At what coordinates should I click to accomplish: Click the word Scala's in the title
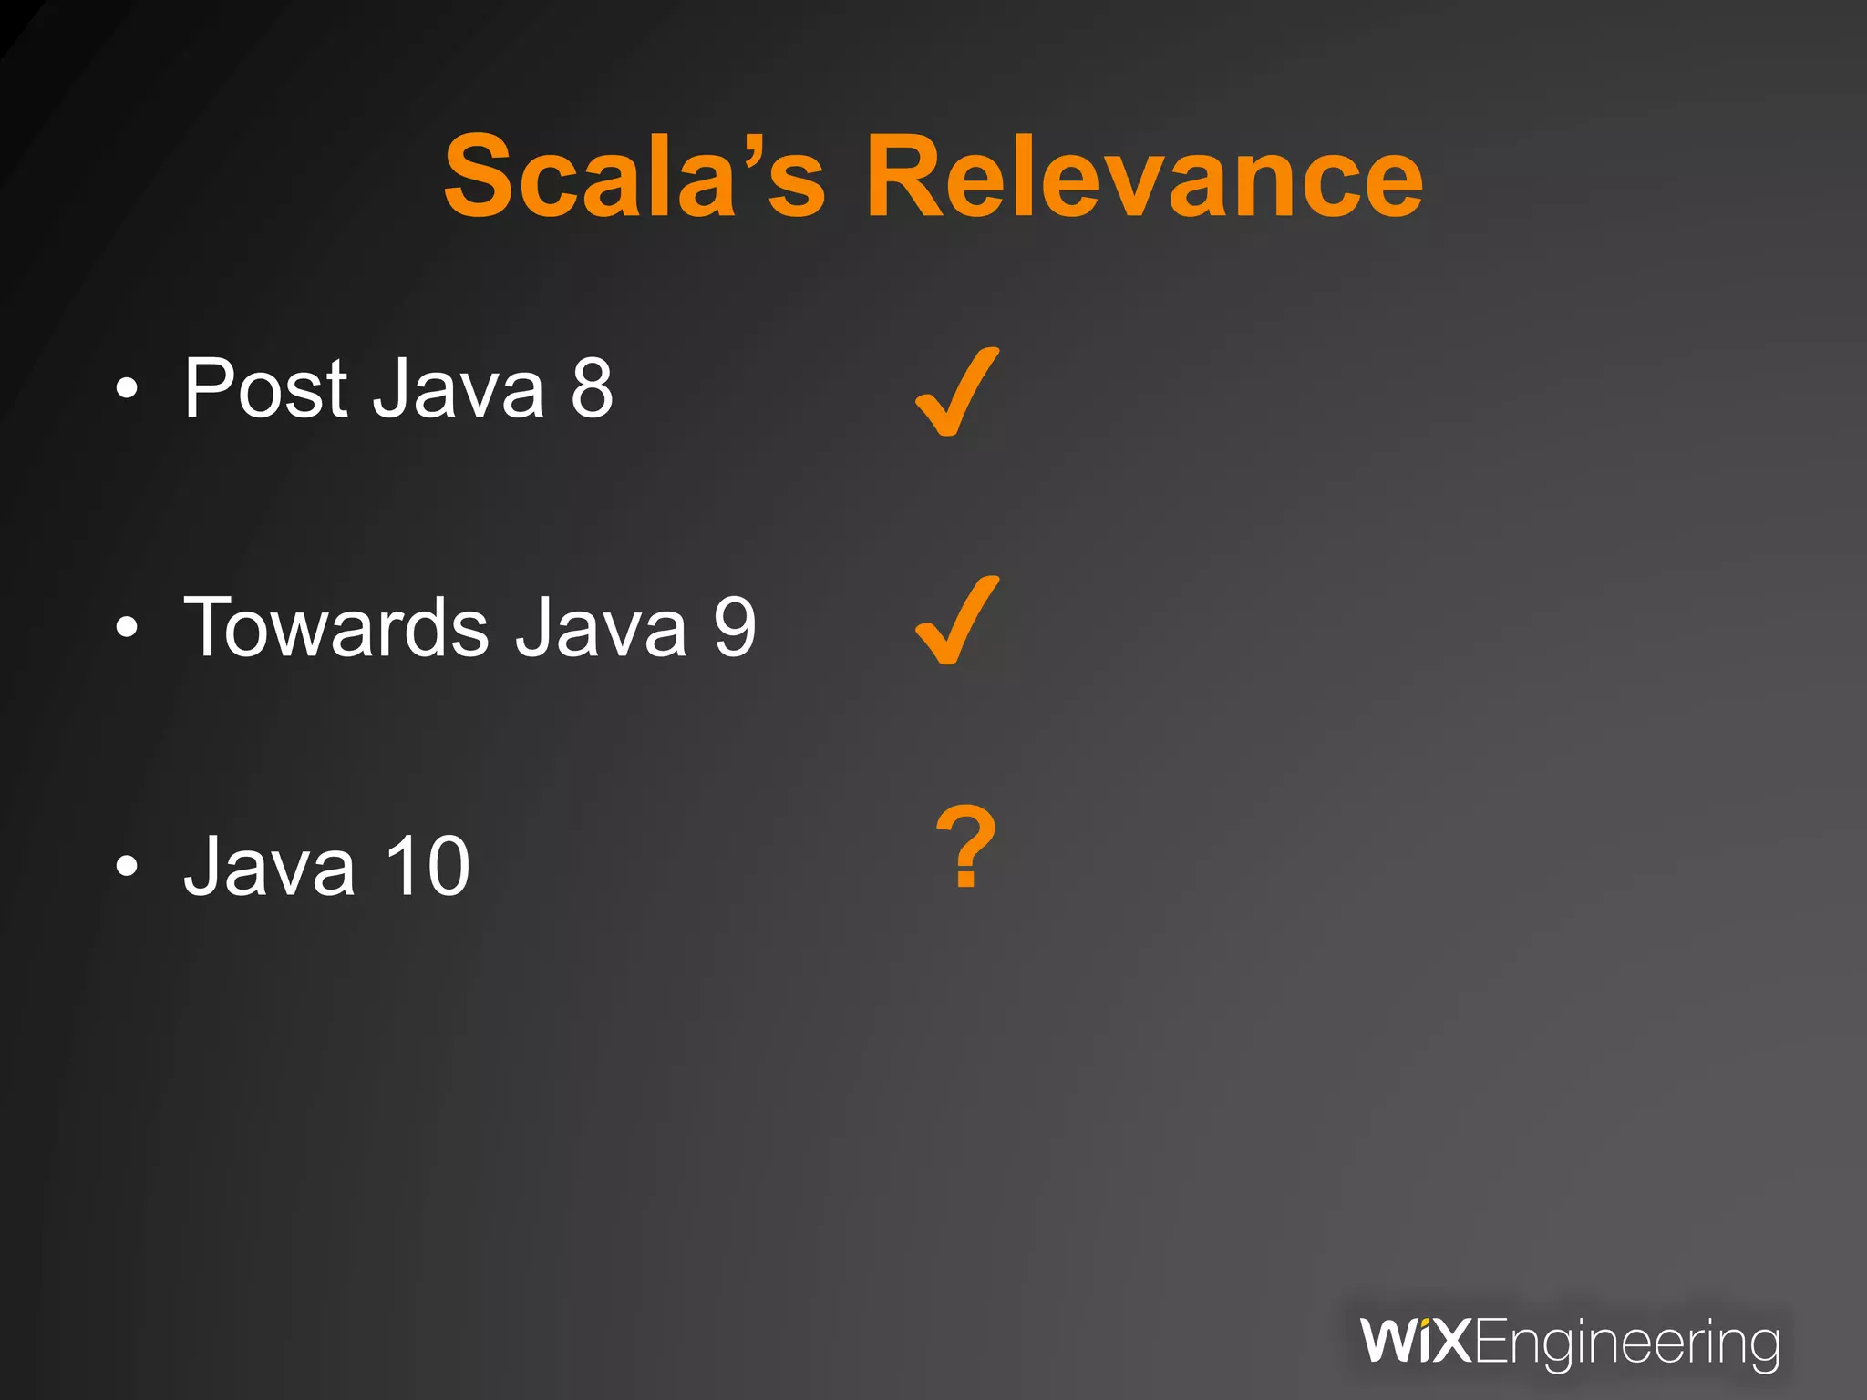[634, 177]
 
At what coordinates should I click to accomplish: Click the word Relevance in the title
[1144, 177]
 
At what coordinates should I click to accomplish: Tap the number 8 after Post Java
[592, 389]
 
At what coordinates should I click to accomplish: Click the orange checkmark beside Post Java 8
[956, 393]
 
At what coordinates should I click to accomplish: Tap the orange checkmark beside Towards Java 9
[956, 622]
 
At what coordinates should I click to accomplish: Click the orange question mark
[966, 847]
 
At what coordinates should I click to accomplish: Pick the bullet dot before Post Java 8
[127, 390]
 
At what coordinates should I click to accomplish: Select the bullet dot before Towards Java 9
[127, 628]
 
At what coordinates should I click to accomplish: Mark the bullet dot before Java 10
[127, 867]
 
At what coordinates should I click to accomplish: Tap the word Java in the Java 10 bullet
[269, 867]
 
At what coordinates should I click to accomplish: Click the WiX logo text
[1415, 1342]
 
